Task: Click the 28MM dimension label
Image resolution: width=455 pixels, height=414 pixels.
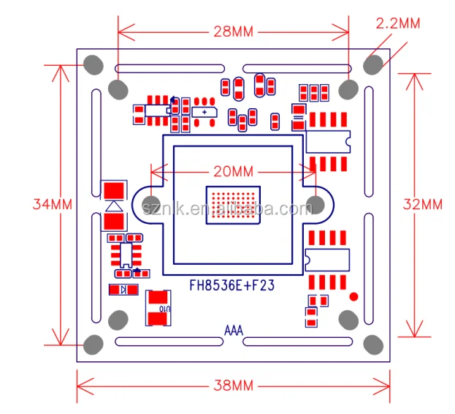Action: pyautogui.click(x=233, y=31)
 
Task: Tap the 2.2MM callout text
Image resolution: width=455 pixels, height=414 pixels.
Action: pyautogui.click(x=397, y=23)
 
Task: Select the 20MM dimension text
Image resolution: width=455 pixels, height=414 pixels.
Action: pyautogui.click(x=233, y=172)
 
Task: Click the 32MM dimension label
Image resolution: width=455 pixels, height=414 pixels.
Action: pyautogui.click(x=423, y=205)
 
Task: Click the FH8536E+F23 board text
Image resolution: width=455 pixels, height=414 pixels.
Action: pyautogui.click(x=232, y=285)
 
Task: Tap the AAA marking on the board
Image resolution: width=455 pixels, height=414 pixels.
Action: pyautogui.click(x=233, y=329)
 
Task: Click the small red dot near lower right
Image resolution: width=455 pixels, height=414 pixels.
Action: pyautogui.click(x=353, y=296)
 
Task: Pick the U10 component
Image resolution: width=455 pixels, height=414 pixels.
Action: pyautogui.click(x=159, y=308)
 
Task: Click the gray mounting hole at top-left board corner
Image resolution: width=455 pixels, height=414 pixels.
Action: pyautogui.click(x=93, y=64)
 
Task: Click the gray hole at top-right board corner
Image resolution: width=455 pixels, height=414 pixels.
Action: pyautogui.click(x=373, y=64)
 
